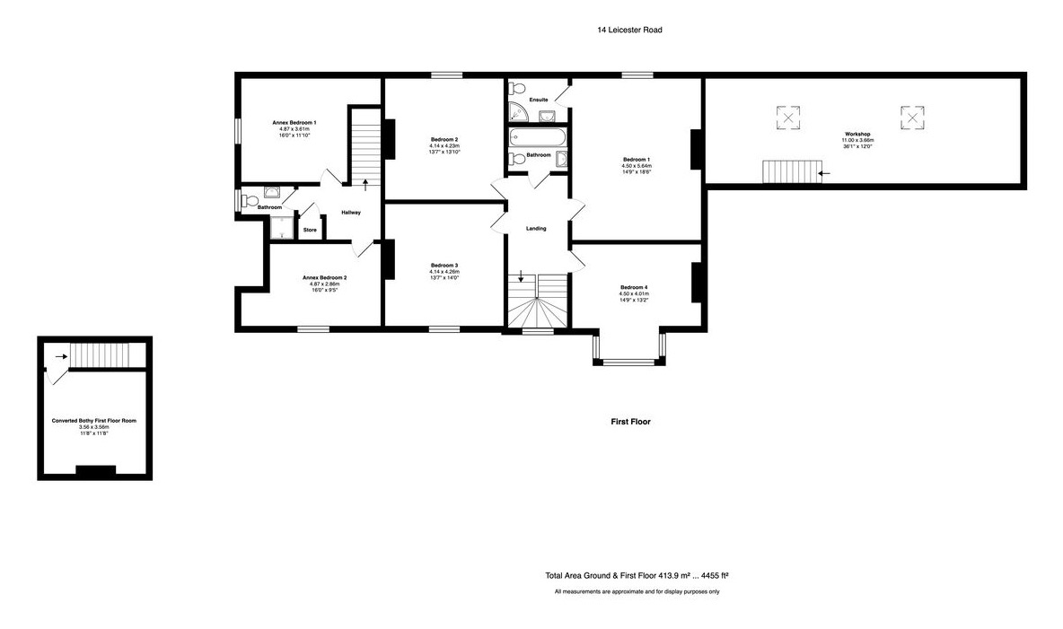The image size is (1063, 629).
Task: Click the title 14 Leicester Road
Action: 629,30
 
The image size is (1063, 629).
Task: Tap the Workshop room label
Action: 857,134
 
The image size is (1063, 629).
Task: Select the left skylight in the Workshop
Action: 787,117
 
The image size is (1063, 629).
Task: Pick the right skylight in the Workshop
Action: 912,117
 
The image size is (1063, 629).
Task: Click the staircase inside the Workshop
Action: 791,171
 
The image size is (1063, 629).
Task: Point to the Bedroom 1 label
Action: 636,159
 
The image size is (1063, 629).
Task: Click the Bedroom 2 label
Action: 444,139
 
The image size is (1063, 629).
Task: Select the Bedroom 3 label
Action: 444,266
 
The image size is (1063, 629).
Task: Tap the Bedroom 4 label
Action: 633,287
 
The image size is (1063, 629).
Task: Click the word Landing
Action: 536,229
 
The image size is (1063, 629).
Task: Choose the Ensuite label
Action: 539,99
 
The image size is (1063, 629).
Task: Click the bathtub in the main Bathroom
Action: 537,138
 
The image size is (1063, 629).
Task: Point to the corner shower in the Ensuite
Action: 519,112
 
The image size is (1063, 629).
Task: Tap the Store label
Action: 310,231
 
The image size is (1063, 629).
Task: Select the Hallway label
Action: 350,213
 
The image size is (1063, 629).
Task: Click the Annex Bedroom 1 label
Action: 294,122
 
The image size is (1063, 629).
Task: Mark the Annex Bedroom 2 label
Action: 324,278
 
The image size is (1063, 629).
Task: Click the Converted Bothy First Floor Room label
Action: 94,420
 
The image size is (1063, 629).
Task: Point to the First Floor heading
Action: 630,421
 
